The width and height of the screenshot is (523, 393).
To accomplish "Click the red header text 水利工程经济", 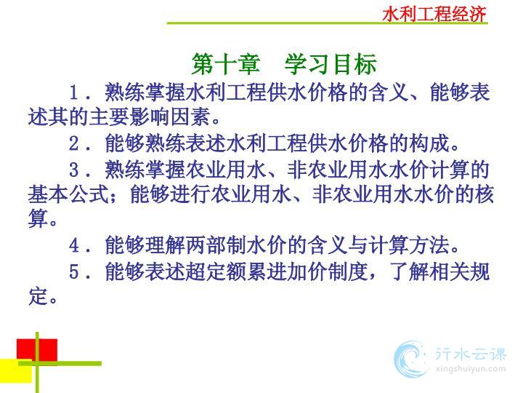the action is [x=434, y=15].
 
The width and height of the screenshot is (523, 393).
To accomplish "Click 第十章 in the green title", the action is [x=226, y=64].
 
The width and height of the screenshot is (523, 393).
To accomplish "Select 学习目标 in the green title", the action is [x=331, y=64].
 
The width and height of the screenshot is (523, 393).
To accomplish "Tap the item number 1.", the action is [x=74, y=92].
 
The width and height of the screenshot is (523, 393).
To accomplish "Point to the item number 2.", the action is [x=74, y=143].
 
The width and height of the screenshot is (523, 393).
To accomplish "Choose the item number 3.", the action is [x=74, y=170].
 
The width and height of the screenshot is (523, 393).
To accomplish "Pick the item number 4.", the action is [x=74, y=246].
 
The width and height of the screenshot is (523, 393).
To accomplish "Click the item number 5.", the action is [x=74, y=271].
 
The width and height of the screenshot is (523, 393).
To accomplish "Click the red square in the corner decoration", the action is [x=37, y=350].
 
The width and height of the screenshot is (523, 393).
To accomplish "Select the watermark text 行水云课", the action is [x=471, y=354].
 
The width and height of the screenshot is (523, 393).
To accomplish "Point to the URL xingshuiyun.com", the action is [x=471, y=369].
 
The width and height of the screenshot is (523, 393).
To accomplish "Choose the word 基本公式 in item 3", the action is [x=69, y=194].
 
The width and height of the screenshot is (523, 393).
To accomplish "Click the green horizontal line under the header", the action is [x=327, y=23].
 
